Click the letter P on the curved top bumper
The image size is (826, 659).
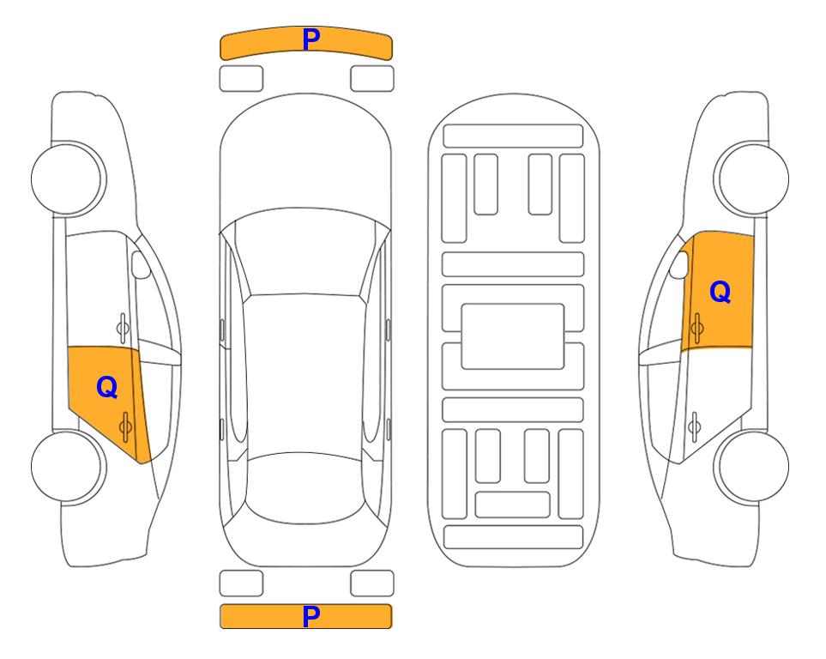[311, 39]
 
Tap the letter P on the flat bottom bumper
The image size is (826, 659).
[311, 616]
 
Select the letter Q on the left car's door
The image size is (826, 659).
[107, 388]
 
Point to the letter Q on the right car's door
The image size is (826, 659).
[720, 292]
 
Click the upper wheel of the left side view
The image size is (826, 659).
[69, 178]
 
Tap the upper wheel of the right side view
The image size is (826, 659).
[751, 178]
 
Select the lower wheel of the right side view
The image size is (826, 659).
[751, 466]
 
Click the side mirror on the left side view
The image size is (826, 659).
[141, 264]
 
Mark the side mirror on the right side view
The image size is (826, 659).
[679, 264]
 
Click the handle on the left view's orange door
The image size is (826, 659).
[125, 426]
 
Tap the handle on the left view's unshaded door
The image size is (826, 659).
[123, 328]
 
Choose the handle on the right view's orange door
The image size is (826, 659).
[697, 328]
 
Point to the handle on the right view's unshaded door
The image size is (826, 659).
[695, 426]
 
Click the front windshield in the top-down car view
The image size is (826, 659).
[305, 253]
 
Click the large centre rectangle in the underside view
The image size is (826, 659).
[513, 336]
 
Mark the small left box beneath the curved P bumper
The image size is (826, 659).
[241, 79]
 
